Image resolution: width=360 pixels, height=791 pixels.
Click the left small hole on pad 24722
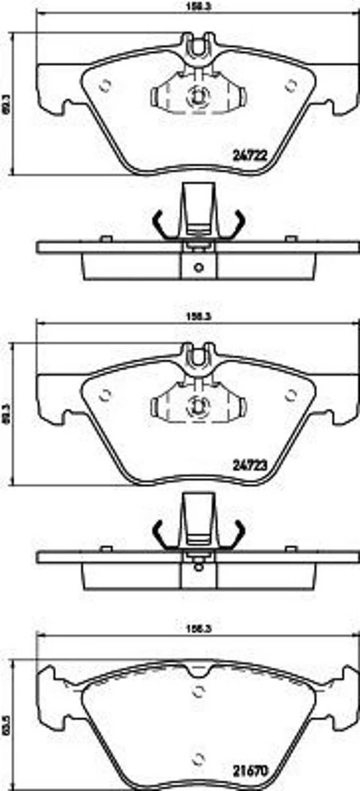click(105, 84)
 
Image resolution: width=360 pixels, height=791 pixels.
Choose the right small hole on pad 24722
click(290, 84)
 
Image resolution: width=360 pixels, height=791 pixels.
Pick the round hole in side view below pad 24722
click(197, 266)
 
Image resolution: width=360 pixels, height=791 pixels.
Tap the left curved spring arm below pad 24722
click(160, 223)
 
